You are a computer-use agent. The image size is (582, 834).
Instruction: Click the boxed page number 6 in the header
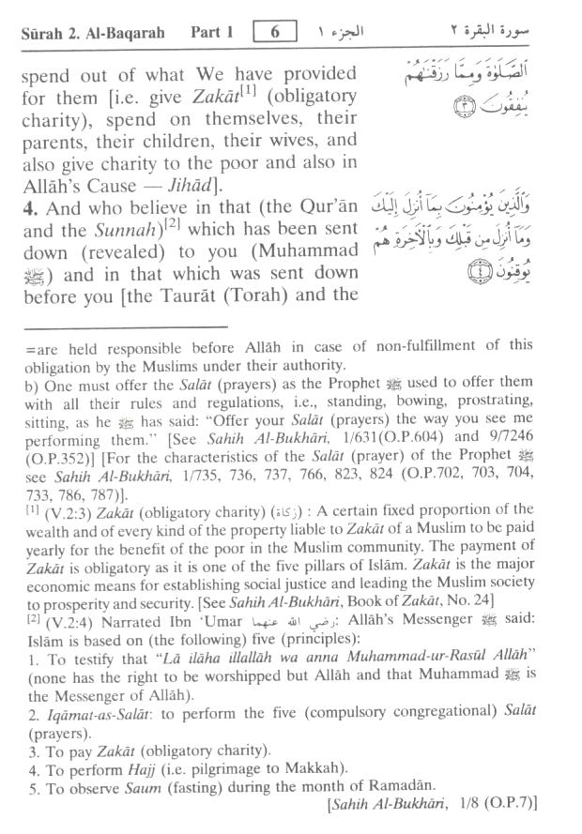pos(276,32)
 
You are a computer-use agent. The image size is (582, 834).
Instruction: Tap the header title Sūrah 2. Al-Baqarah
pos(93,33)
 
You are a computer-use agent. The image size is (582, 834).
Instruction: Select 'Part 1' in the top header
pos(215,33)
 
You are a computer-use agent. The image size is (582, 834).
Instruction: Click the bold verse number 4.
pos(26,207)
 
